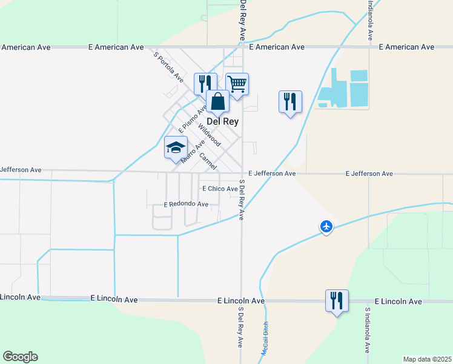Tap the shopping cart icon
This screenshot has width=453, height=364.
coord(237,83)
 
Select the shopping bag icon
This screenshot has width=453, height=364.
coord(217,101)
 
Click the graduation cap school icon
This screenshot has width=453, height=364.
coord(176,147)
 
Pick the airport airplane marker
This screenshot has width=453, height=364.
coord(326,226)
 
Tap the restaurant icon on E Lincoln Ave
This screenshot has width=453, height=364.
coord(336,300)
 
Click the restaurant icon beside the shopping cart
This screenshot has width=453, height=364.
coord(205,83)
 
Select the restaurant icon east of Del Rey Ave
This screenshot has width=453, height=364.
coord(290,101)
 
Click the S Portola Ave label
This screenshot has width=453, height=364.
coord(168,66)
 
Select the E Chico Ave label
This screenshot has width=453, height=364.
coord(220,189)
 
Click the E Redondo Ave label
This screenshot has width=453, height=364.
coord(187,204)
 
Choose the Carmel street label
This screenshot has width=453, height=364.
coord(208,160)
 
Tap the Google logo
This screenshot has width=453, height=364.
coord(20,357)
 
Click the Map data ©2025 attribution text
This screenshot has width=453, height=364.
coord(428,359)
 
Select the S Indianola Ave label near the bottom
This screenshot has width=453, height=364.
coord(367,330)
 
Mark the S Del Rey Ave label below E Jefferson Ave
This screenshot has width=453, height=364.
coord(242,200)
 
